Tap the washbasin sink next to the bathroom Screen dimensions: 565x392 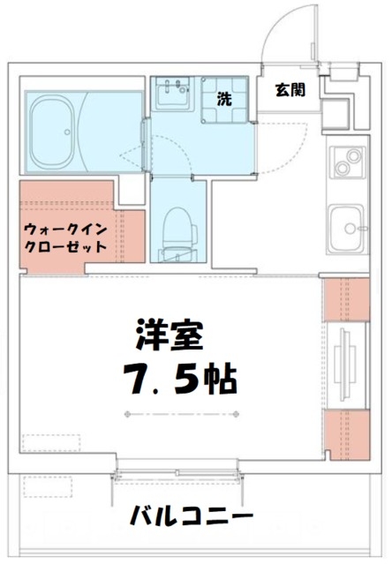pyautogui.click(x=173, y=94)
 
